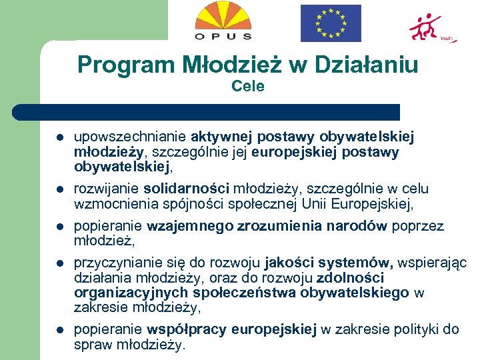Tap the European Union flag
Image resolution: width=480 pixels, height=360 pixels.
click(330, 23)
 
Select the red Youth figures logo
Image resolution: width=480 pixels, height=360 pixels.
click(430, 27)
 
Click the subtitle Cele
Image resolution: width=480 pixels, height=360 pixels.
click(248, 86)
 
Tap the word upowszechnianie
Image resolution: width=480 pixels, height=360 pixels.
click(130, 137)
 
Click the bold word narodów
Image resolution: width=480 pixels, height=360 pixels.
click(355, 225)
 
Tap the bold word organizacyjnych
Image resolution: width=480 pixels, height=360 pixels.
click(131, 293)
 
